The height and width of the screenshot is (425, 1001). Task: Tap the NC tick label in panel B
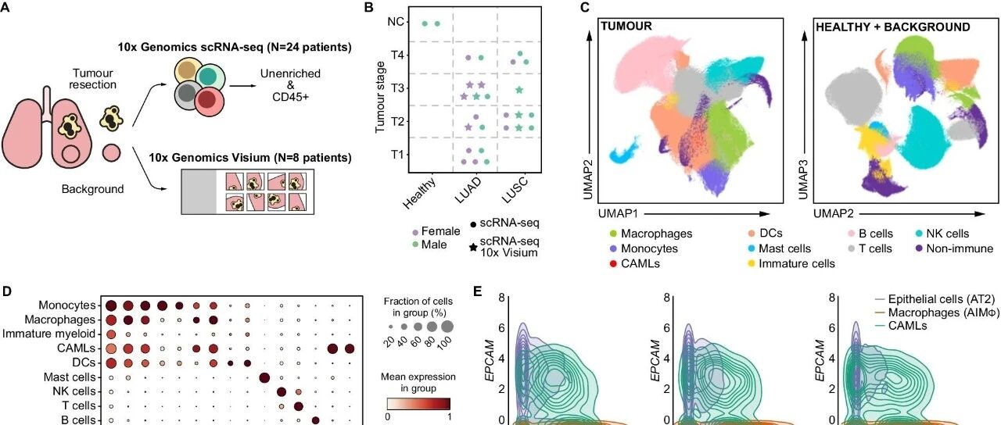(x=396, y=23)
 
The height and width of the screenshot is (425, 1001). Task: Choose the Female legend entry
(x=438, y=232)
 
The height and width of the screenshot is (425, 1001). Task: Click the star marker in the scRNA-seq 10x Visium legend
(x=473, y=247)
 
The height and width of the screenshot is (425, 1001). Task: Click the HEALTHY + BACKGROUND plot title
(x=892, y=27)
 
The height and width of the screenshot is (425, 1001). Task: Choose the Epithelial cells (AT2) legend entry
(x=935, y=299)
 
